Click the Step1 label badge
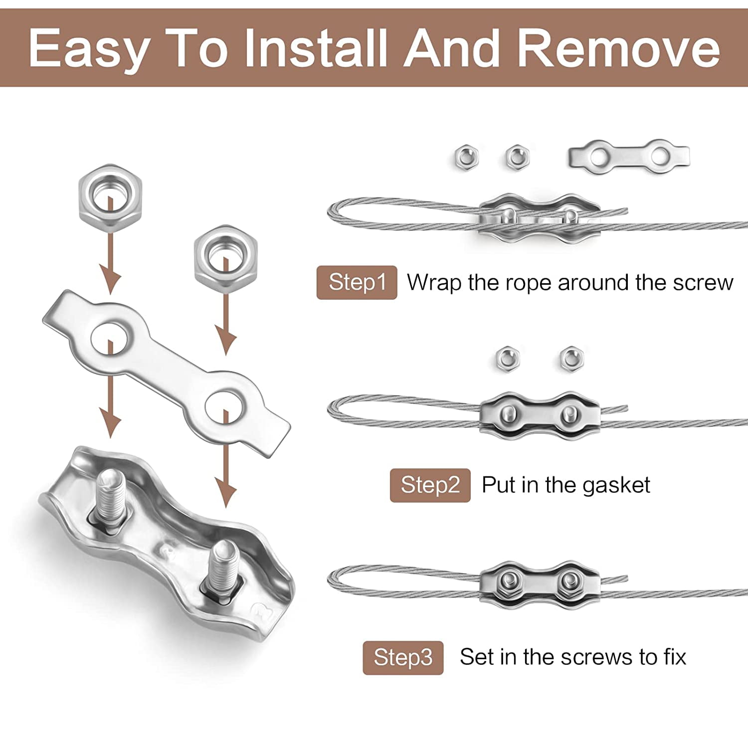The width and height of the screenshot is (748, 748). [357, 282]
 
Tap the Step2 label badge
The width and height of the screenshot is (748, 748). [430, 485]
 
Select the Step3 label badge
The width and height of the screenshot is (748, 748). [403, 658]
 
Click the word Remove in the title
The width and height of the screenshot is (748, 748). [618, 48]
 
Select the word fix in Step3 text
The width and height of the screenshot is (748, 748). [675, 657]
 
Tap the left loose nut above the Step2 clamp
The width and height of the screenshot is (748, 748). [508, 358]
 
